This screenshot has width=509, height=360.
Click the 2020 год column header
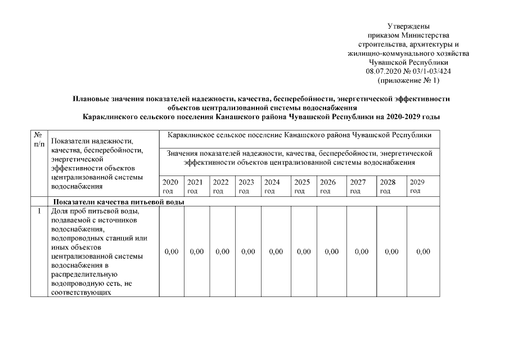click(170, 187)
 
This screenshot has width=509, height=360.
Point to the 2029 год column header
click(417, 186)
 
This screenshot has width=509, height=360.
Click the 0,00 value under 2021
click(197, 252)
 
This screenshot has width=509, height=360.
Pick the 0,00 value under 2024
click(276, 252)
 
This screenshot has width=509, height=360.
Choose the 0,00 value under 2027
click(362, 252)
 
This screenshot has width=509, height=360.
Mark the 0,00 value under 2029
click(423, 252)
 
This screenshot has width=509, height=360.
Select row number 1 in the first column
click(39, 211)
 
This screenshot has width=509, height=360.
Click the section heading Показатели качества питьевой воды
click(118, 202)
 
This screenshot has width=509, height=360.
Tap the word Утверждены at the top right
click(409, 26)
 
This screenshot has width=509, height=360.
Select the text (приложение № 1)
click(409, 80)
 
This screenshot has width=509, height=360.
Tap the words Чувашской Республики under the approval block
click(409, 62)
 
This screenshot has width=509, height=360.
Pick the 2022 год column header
click(220, 187)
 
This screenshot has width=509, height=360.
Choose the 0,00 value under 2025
click(304, 252)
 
